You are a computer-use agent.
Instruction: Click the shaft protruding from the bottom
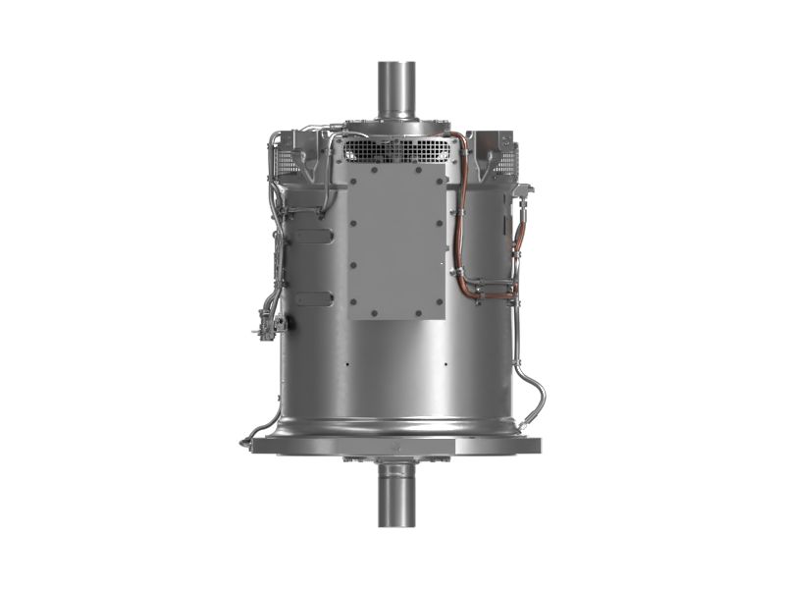click(396, 496)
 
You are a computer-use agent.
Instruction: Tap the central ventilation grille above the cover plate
click(396, 149)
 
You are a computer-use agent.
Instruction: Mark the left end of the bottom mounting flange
click(257, 446)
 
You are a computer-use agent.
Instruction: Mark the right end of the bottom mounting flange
click(535, 446)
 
